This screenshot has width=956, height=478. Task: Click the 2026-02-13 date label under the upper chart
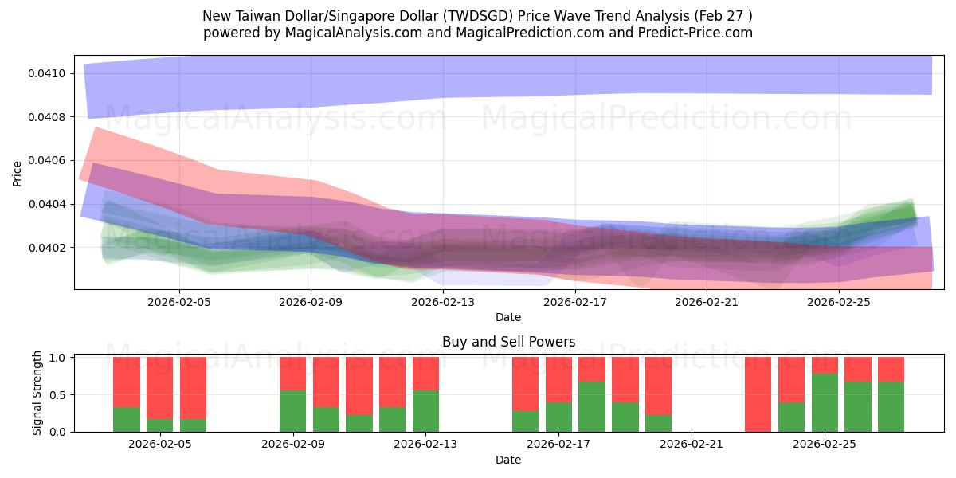[x=443, y=302]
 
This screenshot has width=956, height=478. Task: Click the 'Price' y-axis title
[x=18, y=173]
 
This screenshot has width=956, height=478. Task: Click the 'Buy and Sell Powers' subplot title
[x=508, y=342]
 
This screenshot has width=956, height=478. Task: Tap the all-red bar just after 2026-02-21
[x=758, y=394]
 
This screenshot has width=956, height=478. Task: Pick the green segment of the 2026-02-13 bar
[x=425, y=411]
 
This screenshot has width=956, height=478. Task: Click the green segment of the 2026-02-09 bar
[x=292, y=411]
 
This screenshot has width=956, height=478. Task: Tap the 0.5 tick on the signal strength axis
[x=58, y=394]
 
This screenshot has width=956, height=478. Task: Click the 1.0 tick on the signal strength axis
[x=58, y=358]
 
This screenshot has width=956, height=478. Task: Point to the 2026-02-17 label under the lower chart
[x=559, y=444]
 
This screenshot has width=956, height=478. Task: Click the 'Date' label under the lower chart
[x=508, y=460]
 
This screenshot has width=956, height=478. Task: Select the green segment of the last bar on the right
[x=891, y=407]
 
